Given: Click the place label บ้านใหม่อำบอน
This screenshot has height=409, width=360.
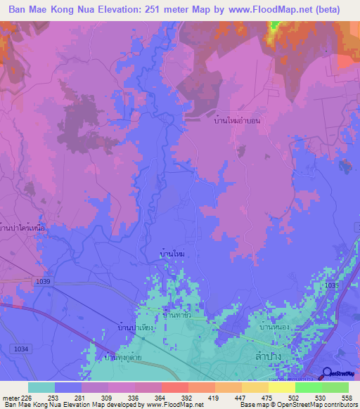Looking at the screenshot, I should [238, 121].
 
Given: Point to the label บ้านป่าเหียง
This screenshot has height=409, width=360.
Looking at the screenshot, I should [136, 327].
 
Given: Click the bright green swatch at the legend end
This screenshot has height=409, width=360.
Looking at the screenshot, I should [335, 387].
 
